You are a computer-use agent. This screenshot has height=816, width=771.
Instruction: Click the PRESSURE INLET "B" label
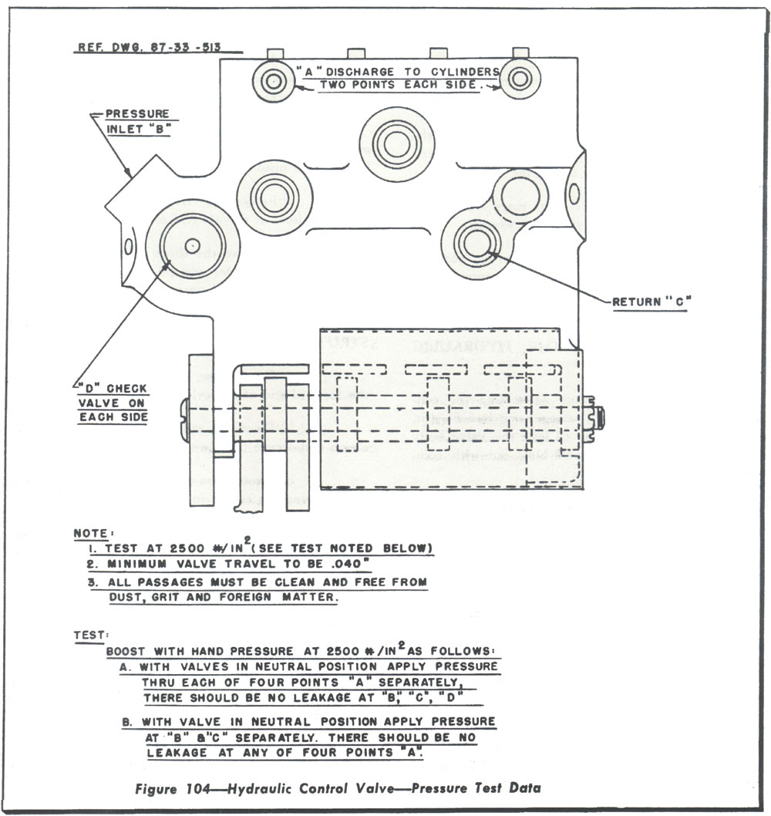[x=137, y=121]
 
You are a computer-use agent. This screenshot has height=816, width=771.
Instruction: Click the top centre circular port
[x=396, y=143]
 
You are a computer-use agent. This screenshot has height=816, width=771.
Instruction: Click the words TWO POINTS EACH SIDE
[x=399, y=85]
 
